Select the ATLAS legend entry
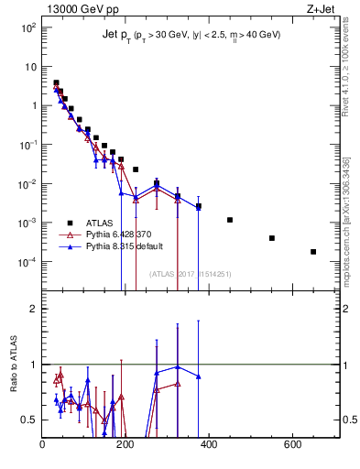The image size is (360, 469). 90,223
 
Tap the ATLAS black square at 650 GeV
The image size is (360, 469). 313,252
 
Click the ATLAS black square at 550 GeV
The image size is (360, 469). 272,238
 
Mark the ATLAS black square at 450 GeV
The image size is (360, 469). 230,220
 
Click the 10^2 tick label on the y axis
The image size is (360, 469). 27,27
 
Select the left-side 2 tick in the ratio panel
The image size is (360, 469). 35,309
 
